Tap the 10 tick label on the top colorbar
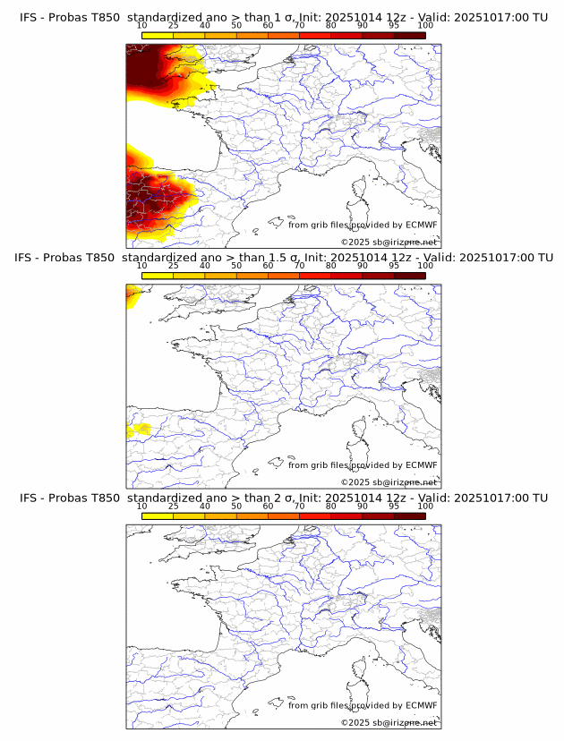[x=141, y=26]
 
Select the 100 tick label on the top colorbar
[x=425, y=26]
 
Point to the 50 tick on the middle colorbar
[x=236, y=266]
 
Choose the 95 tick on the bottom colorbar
[x=394, y=507]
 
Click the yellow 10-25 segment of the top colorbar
[x=158, y=35]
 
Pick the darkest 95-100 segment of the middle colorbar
[x=410, y=275]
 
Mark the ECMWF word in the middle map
[x=421, y=464]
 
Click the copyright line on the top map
[x=389, y=242]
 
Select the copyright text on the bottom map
[x=389, y=722]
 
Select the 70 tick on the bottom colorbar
[x=299, y=507]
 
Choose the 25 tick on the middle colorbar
[x=173, y=266]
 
